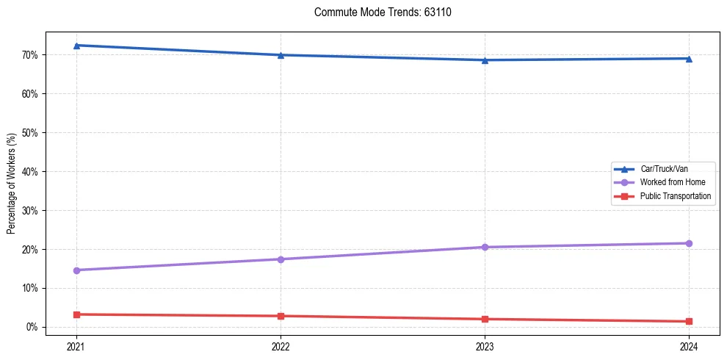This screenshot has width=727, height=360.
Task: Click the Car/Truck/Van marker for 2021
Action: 76,46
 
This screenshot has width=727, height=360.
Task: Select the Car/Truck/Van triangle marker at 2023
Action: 485,60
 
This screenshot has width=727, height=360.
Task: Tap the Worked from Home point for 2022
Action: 281,259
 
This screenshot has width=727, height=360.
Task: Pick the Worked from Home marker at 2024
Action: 689,243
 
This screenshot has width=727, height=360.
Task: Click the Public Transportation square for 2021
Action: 76,314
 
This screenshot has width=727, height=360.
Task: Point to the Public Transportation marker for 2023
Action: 485,319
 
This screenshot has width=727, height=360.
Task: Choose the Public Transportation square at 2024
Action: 689,321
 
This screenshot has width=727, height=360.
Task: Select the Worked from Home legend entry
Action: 669,182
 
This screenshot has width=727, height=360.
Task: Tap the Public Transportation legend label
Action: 675,196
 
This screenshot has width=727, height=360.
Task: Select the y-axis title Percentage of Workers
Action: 12,184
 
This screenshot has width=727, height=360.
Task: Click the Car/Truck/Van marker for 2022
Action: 281,55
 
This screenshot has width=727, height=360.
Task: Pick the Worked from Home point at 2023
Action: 485,247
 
